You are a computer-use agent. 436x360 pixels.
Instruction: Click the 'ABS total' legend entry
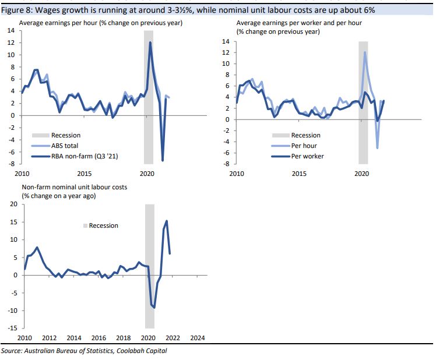point(66,146)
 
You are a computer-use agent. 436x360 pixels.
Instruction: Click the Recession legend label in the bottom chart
point(103,225)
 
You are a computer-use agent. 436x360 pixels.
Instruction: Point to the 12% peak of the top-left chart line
point(150,43)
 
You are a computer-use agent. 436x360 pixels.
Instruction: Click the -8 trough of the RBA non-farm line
point(163,160)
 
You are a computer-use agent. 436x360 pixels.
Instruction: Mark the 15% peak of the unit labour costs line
point(167,221)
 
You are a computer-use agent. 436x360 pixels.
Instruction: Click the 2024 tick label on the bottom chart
point(198,338)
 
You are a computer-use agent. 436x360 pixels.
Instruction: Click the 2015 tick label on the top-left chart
point(84,174)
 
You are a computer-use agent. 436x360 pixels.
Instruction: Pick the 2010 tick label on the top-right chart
point(237,174)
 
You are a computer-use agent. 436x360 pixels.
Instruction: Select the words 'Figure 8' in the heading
point(16,10)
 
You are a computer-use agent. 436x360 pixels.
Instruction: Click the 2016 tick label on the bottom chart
point(98,338)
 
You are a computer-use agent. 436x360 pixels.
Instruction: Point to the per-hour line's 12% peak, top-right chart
point(365,52)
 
